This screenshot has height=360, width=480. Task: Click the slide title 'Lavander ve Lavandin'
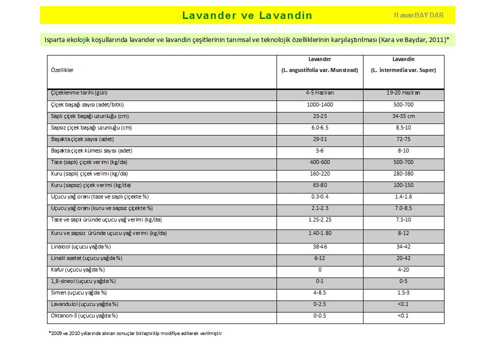click(x=247, y=15)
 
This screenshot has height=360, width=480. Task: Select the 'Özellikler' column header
click(x=62, y=70)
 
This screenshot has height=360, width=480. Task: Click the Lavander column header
click(x=320, y=64)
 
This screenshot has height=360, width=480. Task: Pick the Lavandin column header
click(x=403, y=64)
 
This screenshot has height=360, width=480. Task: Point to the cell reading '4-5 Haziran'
click(x=320, y=93)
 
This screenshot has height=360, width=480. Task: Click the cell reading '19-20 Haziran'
click(x=403, y=93)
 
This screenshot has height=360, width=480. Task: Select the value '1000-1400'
click(x=320, y=104)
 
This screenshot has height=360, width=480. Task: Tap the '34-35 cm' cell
click(x=403, y=116)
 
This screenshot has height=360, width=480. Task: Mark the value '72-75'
click(x=403, y=139)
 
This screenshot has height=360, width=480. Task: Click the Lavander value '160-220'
click(x=320, y=173)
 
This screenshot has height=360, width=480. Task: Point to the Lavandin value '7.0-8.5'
click(x=403, y=208)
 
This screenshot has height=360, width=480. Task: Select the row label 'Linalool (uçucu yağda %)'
click(x=81, y=246)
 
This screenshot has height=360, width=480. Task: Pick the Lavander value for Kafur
click(x=320, y=269)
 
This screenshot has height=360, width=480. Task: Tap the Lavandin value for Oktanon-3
click(x=403, y=315)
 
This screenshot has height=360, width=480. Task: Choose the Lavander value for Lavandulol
click(x=320, y=304)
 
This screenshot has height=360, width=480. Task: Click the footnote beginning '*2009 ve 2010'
click(x=135, y=333)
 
